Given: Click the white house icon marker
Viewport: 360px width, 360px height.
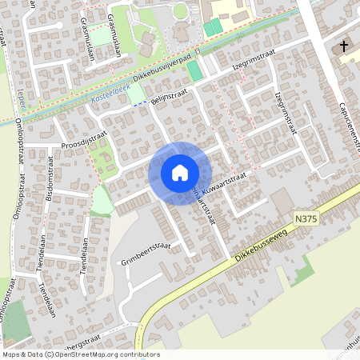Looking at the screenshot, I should (x=180, y=173).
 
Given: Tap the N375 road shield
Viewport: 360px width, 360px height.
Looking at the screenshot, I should (x=304, y=217).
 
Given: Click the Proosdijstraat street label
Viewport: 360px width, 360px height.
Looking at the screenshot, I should (x=84, y=142).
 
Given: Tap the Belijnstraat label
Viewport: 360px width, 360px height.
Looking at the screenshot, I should (x=170, y=95).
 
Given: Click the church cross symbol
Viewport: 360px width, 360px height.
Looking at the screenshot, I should (x=345, y=46).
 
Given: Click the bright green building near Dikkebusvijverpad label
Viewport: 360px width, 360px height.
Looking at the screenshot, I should (x=194, y=70).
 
